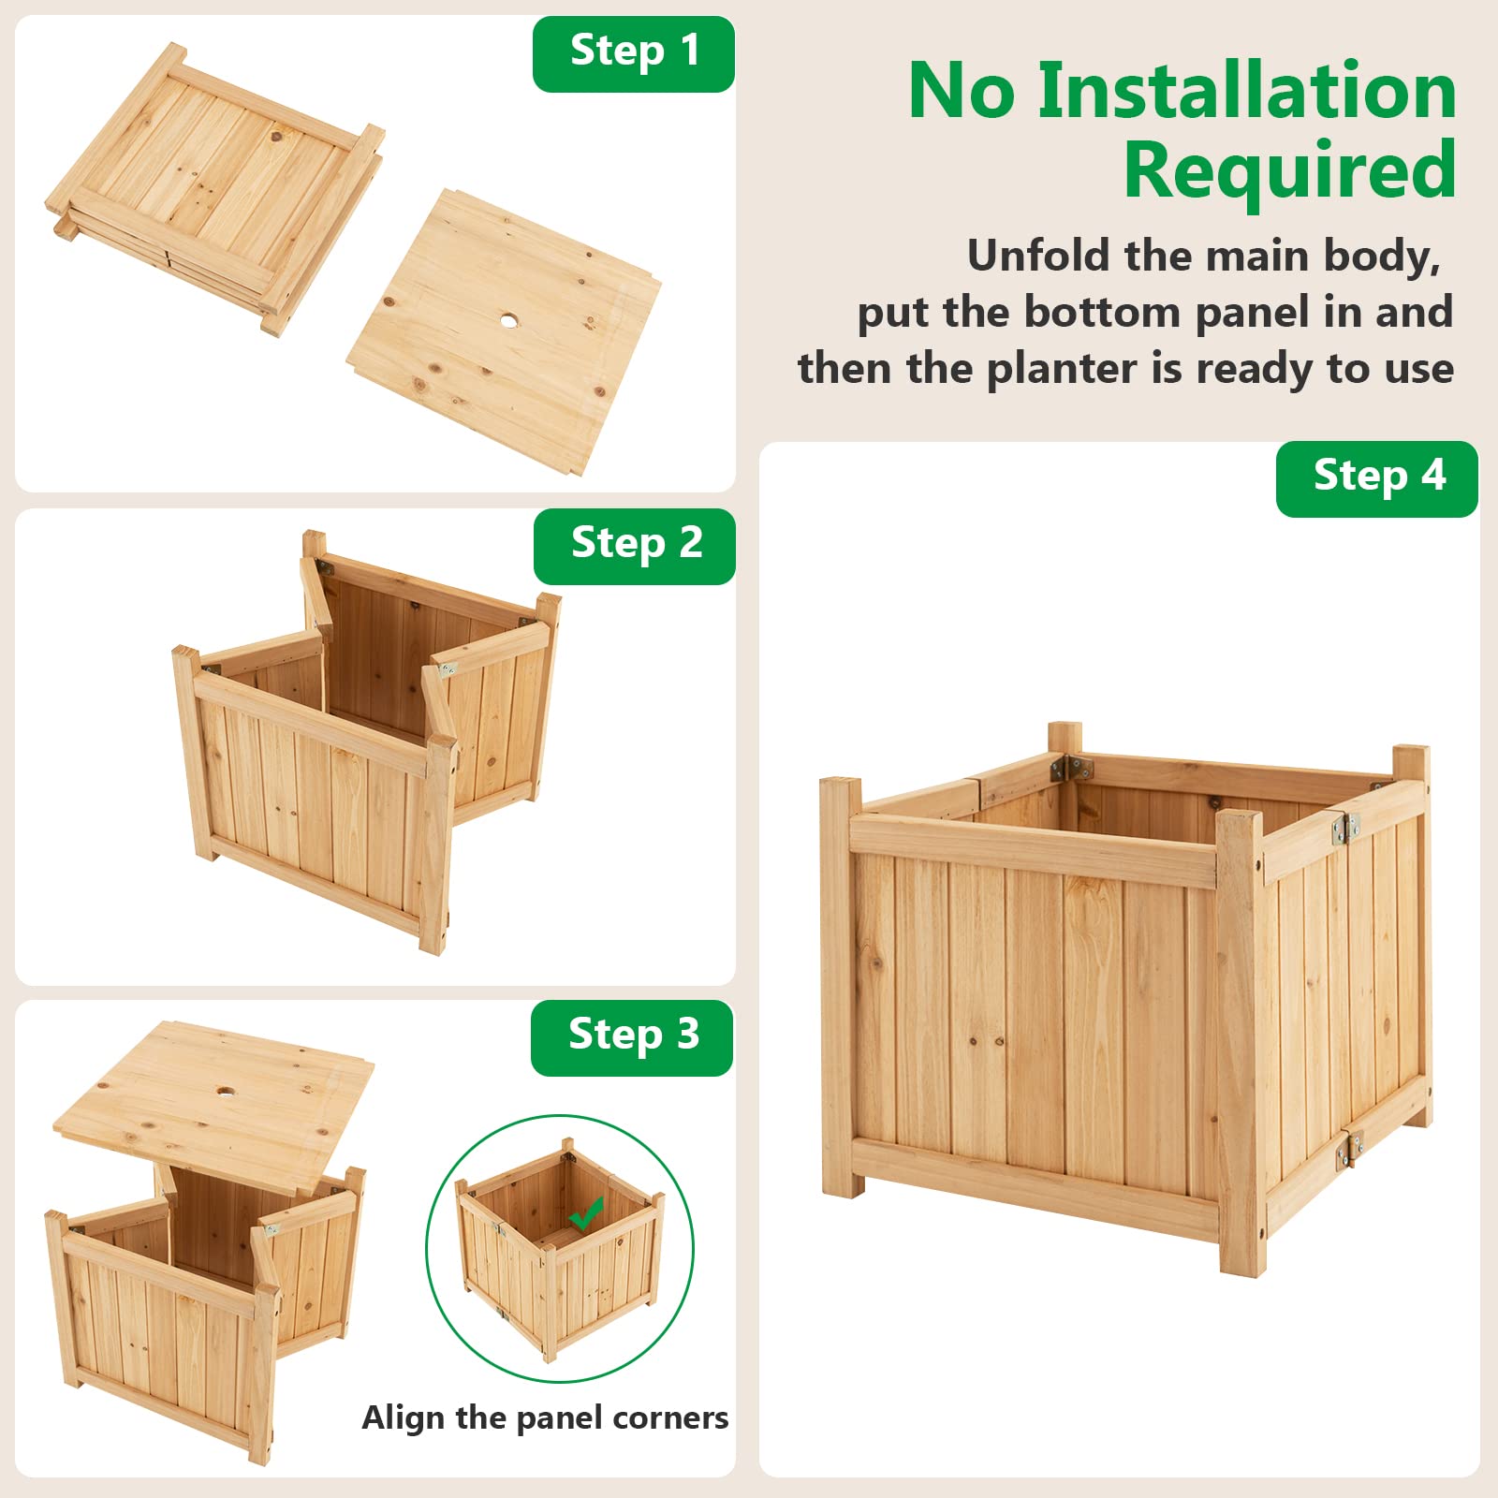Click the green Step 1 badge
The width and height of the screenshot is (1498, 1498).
[634, 52]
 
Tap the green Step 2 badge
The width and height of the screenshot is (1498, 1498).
[635, 545]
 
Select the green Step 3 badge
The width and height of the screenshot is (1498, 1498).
[632, 1036]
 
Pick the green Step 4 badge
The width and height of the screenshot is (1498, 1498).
[1377, 477]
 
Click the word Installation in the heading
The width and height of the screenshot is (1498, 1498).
[1246, 91]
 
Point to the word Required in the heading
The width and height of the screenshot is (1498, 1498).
[1289, 170]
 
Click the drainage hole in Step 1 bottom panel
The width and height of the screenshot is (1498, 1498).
[508, 320]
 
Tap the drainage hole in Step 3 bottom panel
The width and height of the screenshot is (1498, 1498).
[226, 1092]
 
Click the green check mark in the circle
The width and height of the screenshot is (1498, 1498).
[586, 1215]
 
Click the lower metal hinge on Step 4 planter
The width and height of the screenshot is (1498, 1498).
[1349, 1148]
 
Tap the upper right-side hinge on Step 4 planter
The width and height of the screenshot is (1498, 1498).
[1345, 827]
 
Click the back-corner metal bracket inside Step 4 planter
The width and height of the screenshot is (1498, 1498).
[1072, 769]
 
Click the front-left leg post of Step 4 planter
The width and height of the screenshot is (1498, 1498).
[841, 983]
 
